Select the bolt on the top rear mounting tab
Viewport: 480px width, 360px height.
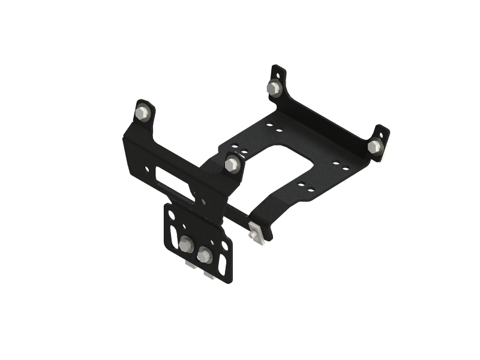(x=274, y=87)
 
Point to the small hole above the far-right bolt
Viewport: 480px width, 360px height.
(x=379, y=133)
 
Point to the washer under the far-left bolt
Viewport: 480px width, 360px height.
(x=143, y=119)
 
